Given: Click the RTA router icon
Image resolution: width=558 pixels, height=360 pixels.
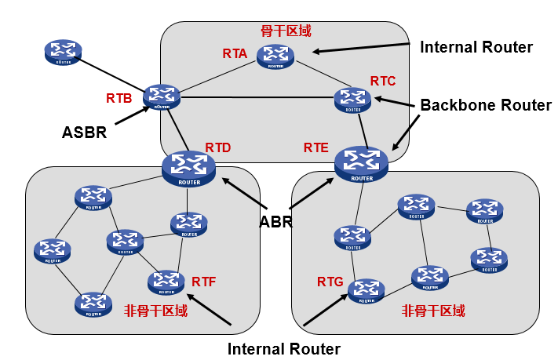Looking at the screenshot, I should click(x=275, y=56).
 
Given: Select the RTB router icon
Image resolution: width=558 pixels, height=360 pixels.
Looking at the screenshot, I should click(x=162, y=97).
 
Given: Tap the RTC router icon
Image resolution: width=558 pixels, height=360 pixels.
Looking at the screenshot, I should click(x=352, y=100).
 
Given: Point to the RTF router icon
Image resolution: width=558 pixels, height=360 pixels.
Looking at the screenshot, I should click(x=166, y=281).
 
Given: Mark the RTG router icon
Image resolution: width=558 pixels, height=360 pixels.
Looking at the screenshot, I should click(x=367, y=290).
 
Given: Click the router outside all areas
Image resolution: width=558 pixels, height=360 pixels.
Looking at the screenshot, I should click(x=64, y=53).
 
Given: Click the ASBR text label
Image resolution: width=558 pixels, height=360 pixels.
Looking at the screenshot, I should click(x=84, y=133).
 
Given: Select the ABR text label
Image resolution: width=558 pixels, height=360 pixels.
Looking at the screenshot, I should click(x=275, y=222).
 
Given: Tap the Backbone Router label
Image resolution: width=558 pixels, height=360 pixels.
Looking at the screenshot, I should click(x=486, y=105).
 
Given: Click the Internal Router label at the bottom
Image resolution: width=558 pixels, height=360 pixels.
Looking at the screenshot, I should click(x=283, y=348).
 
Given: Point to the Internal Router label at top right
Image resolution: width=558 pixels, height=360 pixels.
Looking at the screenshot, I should click(x=476, y=47).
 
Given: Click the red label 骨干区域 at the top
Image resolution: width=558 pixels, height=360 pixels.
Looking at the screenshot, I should click(x=286, y=31).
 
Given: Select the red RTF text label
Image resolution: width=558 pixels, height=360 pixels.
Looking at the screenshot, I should click(x=203, y=281).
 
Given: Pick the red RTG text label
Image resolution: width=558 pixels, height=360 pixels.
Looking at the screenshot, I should click(x=330, y=281).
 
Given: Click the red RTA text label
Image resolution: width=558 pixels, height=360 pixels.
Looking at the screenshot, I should click(x=235, y=53).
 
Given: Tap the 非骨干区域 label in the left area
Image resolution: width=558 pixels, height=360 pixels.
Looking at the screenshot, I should click(x=156, y=311).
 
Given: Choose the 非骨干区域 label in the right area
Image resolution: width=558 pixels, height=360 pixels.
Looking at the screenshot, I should click(x=433, y=311).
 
